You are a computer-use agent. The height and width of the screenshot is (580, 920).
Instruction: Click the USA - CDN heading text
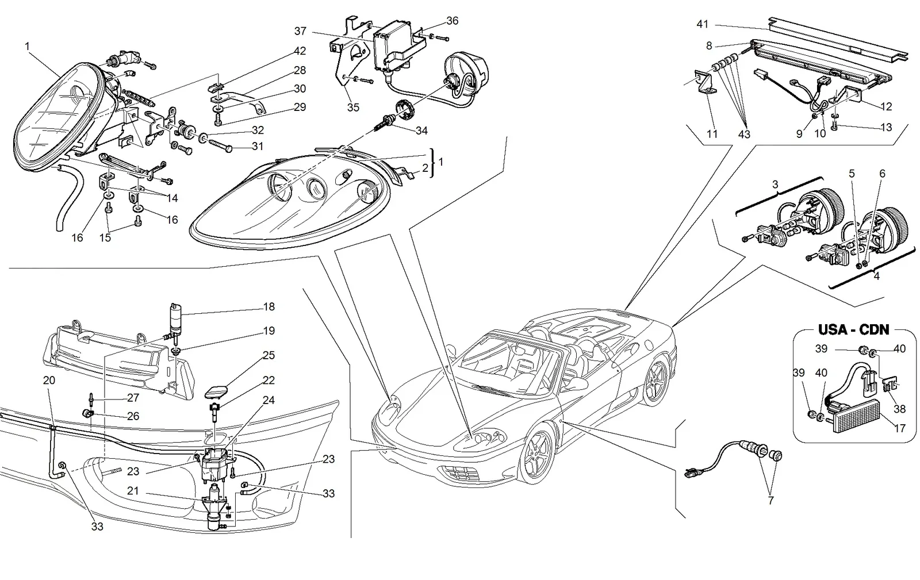coord(853,329)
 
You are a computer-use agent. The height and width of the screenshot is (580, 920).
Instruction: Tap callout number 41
coord(702,24)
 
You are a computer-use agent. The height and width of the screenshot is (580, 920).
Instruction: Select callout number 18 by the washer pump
coord(269,306)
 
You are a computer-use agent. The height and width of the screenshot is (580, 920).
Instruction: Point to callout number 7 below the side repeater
coord(770,500)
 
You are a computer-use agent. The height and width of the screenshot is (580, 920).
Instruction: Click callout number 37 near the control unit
coord(300,31)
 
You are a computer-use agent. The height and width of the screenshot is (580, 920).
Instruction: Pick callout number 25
coord(269,355)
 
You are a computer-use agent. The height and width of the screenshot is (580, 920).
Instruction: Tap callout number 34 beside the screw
coord(422,130)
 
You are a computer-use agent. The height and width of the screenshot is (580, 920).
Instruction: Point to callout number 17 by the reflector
coord(900,428)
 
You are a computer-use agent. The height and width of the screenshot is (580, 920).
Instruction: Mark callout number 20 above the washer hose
coord(49,380)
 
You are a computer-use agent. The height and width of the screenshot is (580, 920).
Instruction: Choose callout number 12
coord(886,106)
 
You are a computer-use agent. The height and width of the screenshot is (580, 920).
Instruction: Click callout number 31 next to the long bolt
coord(258,146)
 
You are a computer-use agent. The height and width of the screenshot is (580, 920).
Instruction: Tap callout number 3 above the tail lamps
coord(775,185)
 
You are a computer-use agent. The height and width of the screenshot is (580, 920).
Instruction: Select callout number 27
coord(133,397)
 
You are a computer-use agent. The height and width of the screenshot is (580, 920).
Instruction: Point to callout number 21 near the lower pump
coord(133,490)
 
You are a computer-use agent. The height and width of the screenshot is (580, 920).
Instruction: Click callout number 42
coord(300,51)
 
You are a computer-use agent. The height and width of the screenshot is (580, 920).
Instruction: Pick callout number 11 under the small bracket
coord(712,134)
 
